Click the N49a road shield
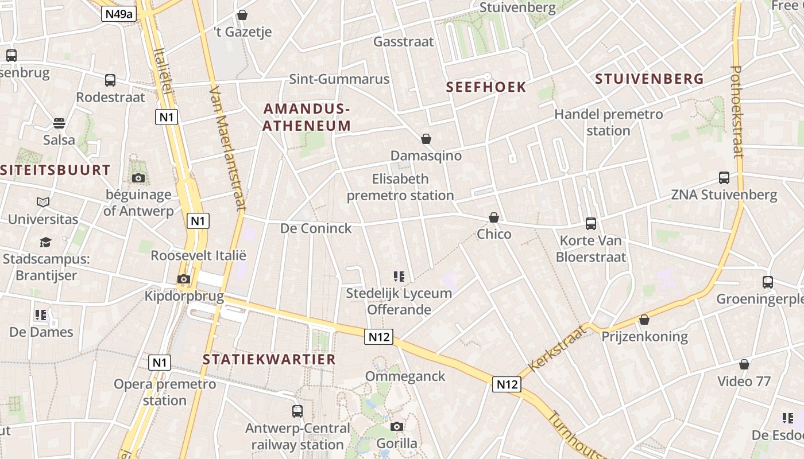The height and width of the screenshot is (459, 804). pos(119,14)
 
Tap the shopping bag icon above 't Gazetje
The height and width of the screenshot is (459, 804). pos(242,15)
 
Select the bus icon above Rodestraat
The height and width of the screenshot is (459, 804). pos(110,80)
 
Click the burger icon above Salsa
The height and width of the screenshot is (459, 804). pos(59,123)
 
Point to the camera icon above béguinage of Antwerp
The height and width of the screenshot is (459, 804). pos(138,178)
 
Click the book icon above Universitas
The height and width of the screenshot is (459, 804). pos(43,202)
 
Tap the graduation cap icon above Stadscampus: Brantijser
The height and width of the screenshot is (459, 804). pos(45,243)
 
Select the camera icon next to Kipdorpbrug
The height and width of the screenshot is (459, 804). pos(184,279)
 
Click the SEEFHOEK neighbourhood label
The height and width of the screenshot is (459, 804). pos(486,87)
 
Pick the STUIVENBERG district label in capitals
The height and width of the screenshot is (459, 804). pos(649,79)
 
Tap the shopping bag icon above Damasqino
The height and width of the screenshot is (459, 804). pos(426,139)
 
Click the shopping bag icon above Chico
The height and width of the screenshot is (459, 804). pos(494,217)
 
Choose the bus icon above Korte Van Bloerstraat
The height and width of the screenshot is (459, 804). pos(591,223)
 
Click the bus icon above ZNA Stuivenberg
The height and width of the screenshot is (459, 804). pos(724,178)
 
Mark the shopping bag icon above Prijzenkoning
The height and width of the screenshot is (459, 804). pos(644,320)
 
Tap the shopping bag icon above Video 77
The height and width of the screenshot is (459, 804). pos(744,364)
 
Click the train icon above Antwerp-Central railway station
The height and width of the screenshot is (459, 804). pos(297,411)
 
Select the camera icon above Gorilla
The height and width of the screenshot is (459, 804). pos(397,426)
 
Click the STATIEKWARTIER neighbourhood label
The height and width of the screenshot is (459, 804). pos(269,360)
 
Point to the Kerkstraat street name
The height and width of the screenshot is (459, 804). pos(556,348)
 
